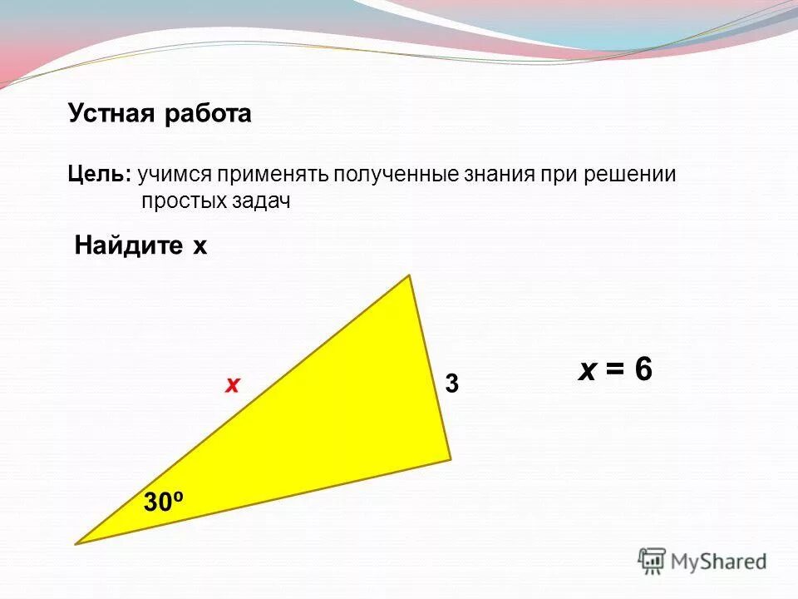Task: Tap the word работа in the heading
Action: [207, 114]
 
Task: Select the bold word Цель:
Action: [99, 176]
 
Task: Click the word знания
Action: [500, 176]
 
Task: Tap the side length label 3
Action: [451, 384]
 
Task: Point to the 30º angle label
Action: [163, 502]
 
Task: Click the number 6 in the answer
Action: [643, 370]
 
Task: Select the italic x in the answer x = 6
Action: [587, 370]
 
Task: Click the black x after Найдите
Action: [199, 247]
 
